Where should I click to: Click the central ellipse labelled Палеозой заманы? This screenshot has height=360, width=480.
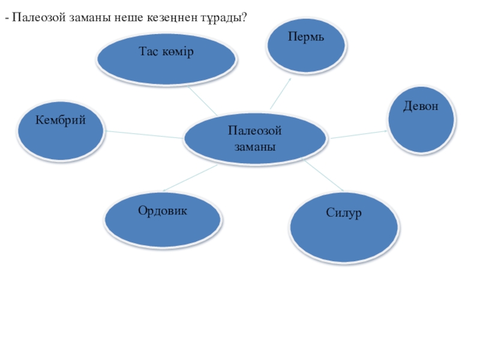pyautogui.click(x=255, y=139)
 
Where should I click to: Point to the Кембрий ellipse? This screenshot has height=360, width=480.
pyautogui.click(x=61, y=131)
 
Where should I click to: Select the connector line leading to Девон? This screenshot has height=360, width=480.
pyautogui.click(x=359, y=133)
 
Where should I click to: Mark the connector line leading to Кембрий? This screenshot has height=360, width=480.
pyautogui.click(x=144, y=134)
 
